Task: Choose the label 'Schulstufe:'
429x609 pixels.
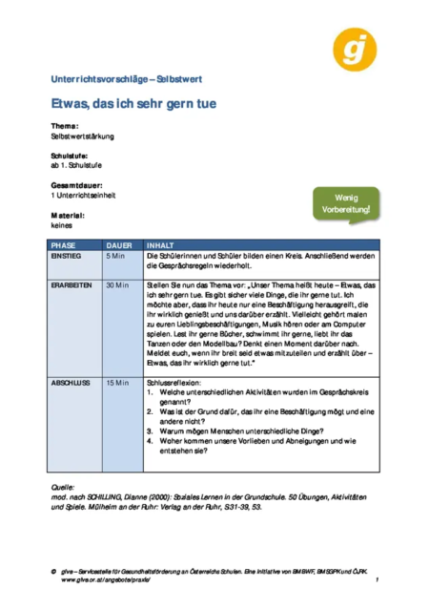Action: (x=71, y=156)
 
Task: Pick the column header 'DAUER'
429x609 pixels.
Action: (x=119, y=245)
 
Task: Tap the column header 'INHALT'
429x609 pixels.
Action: (x=161, y=245)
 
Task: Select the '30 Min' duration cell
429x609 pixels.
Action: (x=117, y=285)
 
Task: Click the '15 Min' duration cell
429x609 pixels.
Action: (x=117, y=382)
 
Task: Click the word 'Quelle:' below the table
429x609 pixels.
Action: (x=64, y=487)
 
